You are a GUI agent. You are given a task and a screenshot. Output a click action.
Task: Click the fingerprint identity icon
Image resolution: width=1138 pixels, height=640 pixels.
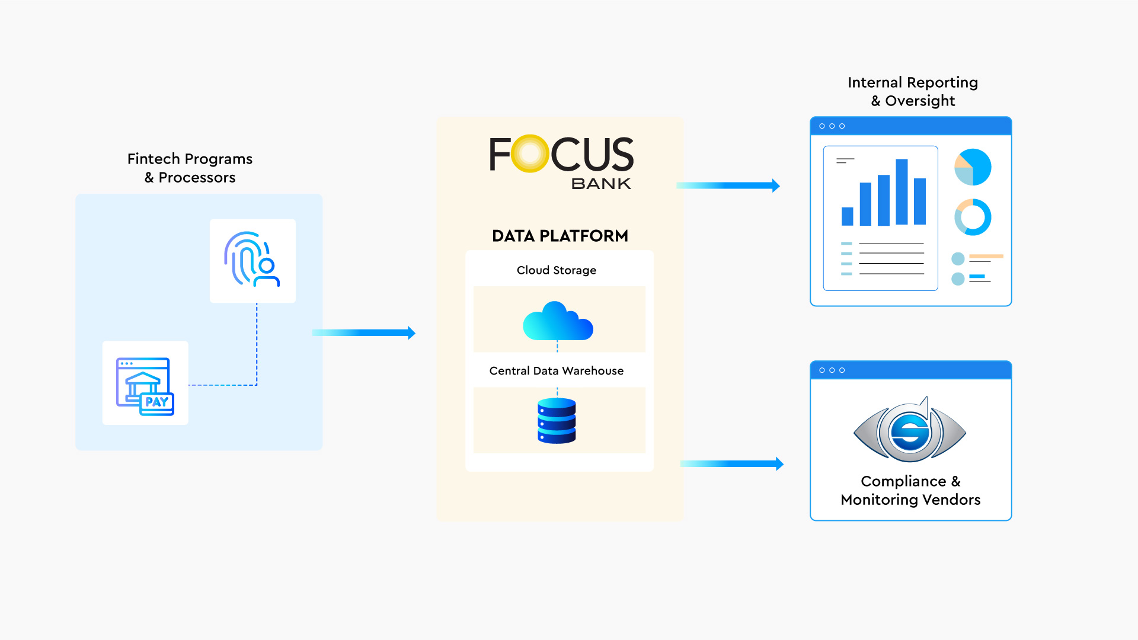point(252,260)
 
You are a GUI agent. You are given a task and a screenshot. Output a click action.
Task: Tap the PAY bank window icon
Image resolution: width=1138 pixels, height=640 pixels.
point(145,386)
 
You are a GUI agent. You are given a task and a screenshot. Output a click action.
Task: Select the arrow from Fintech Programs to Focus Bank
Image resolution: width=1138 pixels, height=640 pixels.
point(363,333)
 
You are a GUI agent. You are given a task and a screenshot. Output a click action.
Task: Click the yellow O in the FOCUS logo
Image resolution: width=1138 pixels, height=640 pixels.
point(529,153)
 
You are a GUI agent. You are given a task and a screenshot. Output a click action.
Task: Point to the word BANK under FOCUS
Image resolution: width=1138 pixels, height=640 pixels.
point(601,184)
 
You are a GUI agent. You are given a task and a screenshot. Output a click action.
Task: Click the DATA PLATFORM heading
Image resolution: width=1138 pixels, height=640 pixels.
point(560,236)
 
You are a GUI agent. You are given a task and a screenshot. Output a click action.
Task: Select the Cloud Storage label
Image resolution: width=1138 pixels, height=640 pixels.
point(557,270)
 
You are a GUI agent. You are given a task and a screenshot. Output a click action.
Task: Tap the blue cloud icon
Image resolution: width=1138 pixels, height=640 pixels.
point(557,322)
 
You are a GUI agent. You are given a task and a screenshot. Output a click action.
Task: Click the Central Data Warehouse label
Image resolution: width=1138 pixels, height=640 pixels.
point(557,371)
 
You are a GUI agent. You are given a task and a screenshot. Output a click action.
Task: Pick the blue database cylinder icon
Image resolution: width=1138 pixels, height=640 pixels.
point(557,421)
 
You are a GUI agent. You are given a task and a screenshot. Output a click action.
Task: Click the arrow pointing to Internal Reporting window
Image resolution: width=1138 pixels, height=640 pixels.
point(728,185)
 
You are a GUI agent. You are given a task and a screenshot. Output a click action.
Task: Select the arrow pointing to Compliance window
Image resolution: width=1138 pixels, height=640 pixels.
point(731,464)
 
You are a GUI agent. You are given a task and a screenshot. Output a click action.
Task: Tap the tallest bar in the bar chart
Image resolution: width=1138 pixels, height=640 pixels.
point(902,192)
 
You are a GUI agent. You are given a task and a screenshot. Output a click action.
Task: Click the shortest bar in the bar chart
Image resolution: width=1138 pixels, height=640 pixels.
point(848,216)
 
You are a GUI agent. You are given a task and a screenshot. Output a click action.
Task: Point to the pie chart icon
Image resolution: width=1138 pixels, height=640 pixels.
point(973,167)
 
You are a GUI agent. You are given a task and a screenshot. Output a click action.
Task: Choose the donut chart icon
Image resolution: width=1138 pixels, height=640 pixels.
point(973,217)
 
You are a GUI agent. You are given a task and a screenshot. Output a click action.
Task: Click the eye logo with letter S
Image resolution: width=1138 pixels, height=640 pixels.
point(910,431)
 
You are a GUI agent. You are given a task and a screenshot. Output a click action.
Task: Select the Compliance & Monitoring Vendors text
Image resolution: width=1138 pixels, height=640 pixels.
point(910,490)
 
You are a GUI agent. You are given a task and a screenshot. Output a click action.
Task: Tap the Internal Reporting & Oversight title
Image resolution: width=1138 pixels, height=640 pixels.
point(913,91)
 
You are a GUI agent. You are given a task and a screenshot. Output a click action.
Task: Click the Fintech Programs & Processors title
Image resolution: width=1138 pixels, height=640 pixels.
point(190,168)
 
